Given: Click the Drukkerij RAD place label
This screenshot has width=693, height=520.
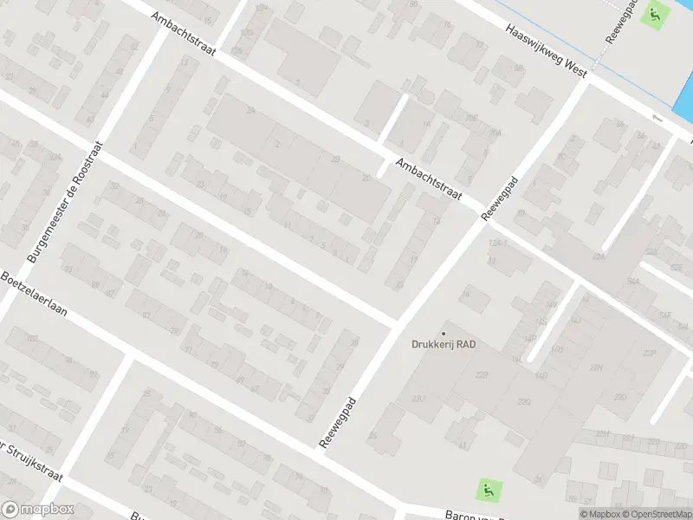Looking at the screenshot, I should coord(444,344).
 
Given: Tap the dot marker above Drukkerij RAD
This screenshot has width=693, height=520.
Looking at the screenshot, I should coord(444,333).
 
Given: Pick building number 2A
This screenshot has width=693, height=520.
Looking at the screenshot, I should coord(250,112).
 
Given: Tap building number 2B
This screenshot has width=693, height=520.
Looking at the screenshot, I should coord(336,159).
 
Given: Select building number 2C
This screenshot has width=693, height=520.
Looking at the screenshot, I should coord(366,179).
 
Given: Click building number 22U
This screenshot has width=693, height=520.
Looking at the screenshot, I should coord(418,399).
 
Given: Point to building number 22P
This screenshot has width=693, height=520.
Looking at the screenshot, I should coord(650,353).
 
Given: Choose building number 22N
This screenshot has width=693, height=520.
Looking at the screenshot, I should coord(596,367).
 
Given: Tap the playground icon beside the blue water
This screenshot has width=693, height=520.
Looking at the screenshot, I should coord(655,15).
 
